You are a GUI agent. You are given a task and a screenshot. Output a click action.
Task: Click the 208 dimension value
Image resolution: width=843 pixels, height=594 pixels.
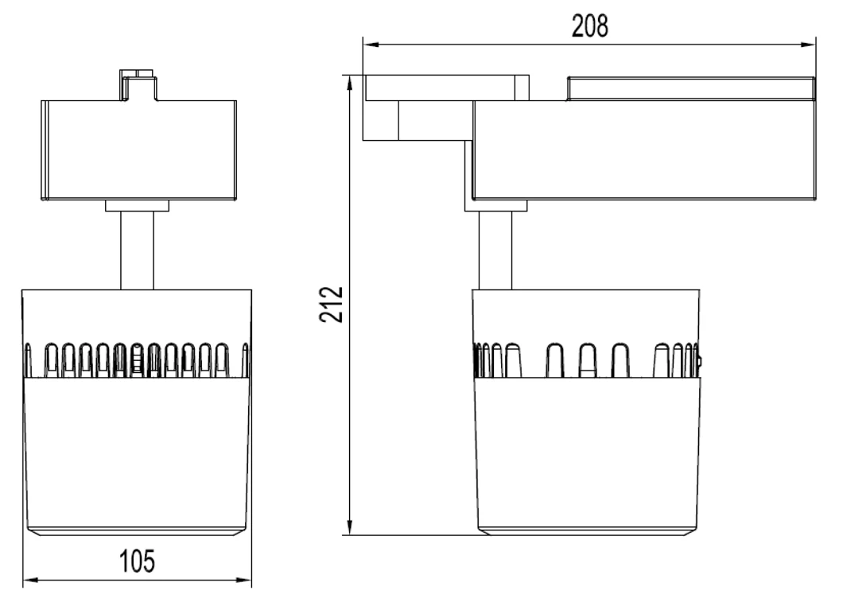pyautogui.click(x=589, y=26)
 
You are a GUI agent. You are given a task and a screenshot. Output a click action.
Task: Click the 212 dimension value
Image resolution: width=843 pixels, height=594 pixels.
pyautogui.click(x=332, y=305)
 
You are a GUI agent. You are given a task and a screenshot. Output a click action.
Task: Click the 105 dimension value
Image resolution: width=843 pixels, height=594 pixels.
pyautogui.click(x=137, y=561)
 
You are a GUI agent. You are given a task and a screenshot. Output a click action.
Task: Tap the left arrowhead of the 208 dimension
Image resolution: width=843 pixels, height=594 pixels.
pyautogui.click(x=371, y=45)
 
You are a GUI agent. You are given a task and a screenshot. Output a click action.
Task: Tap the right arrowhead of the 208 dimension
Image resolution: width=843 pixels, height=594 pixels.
pyautogui.click(x=808, y=45)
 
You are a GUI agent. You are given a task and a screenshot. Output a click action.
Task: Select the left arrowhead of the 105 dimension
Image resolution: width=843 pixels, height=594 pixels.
pyautogui.click(x=31, y=580)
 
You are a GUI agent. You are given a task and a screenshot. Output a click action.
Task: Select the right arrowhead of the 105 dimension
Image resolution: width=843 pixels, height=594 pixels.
pyautogui.click(x=243, y=580)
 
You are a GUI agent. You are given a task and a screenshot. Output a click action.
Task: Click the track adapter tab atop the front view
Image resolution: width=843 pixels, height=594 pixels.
pyautogui.click(x=138, y=84)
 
